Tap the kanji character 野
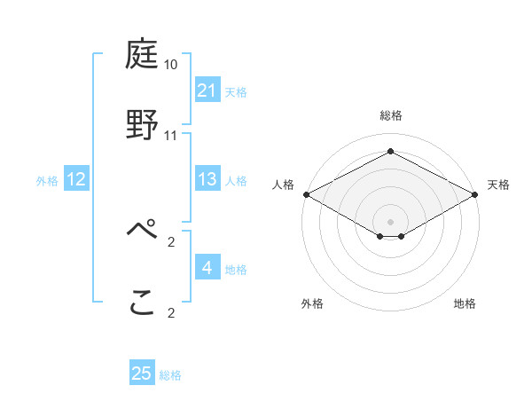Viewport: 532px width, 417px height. (142, 124)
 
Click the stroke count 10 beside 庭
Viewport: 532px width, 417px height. (171, 65)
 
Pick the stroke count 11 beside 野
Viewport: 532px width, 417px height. (171, 135)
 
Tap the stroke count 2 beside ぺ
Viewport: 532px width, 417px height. (171, 240)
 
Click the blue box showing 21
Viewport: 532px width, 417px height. (207, 90)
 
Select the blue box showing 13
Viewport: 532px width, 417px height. (207, 180)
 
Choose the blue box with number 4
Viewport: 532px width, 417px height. (207, 268)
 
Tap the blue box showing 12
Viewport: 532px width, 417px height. (76, 180)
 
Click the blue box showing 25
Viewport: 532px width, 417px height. (142, 374)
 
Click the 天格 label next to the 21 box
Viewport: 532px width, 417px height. (236, 91)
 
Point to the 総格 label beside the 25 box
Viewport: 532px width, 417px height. (170, 375)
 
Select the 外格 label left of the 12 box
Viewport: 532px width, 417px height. (47, 181)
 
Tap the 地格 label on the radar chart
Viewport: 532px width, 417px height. (465, 304)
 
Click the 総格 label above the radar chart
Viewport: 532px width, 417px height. (391, 115)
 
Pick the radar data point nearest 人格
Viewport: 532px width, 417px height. (306, 194)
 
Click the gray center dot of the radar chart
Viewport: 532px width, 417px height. (391, 221)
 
